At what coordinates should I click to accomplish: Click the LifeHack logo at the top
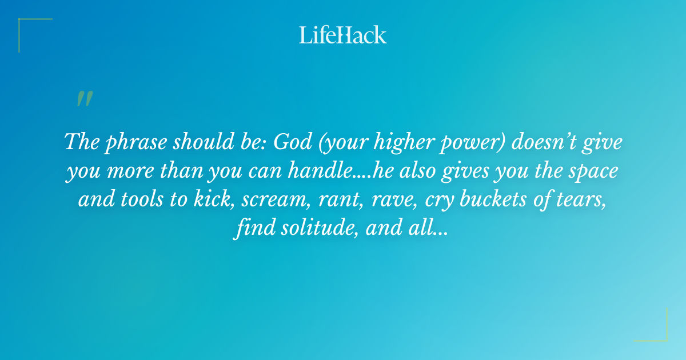tap(343, 34)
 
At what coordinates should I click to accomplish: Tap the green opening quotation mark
tap(84, 99)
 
